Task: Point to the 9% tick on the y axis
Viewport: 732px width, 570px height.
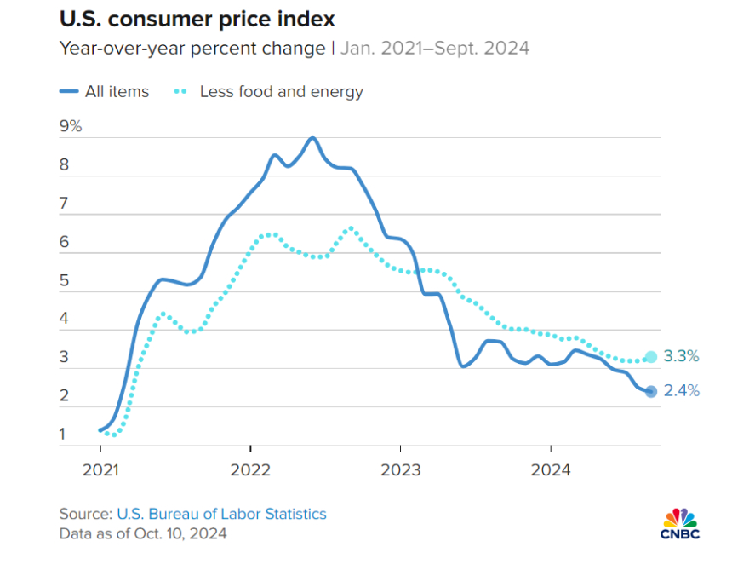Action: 70,126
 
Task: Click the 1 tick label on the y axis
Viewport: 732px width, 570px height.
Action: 64,435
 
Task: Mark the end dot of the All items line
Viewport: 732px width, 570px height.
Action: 651,391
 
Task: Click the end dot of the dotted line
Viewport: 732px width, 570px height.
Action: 651,357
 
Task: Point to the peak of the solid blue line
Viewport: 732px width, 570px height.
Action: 313,137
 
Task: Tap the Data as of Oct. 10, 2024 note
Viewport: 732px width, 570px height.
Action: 143,534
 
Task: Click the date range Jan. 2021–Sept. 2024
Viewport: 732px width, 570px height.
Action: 435,48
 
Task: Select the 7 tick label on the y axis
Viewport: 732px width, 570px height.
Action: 64,204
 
